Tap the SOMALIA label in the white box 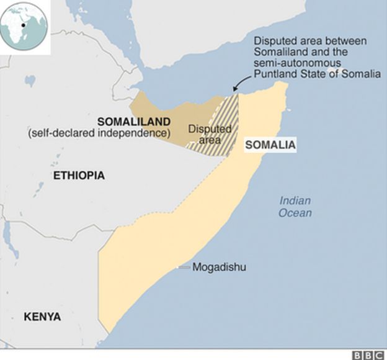(x=270, y=145)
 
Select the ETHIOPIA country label (x=79, y=176)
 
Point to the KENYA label (x=42, y=317)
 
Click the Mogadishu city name (x=219, y=268)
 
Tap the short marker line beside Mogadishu (x=184, y=268)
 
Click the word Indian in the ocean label (x=295, y=200)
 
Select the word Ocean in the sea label (x=295, y=213)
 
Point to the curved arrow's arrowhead (x=234, y=91)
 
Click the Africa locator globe (x=24, y=25)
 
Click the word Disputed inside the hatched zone (x=209, y=129)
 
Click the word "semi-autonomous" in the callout (x=291, y=63)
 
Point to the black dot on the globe (x=24, y=25)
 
